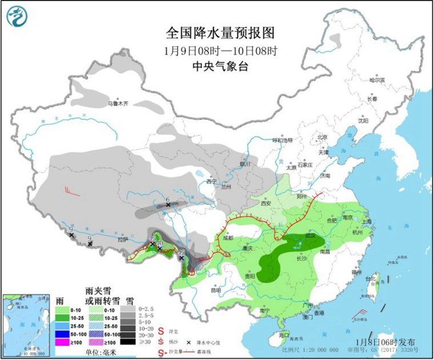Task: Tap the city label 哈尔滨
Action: coord(377,80)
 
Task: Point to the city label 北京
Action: coord(323,137)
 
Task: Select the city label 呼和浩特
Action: coord(282,140)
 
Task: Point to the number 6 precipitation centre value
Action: coord(168,199)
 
